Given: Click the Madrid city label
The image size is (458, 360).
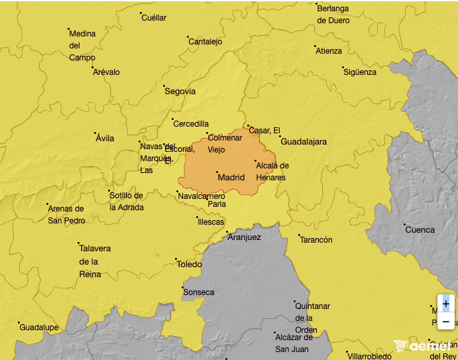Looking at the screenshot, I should pyautogui.click(x=231, y=178).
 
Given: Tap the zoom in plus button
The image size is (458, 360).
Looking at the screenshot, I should pyautogui.click(x=445, y=303).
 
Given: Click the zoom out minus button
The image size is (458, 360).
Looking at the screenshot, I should pyautogui.click(x=445, y=321).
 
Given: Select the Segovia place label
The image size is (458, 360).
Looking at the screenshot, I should pyautogui.click(x=180, y=91).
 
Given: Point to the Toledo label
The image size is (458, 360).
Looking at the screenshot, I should pyautogui.click(x=189, y=265).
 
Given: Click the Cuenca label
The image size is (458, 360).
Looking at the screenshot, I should pyautogui.click(x=420, y=230).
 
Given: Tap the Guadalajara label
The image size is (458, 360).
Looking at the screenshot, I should pyautogui.click(x=304, y=142).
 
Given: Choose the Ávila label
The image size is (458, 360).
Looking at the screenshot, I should pyautogui.click(x=105, y=139).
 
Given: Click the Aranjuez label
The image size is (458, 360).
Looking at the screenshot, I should pyautogui.click(x=245, y=237).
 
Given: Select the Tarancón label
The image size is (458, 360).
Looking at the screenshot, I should pyautogui.click(x=316, y=240).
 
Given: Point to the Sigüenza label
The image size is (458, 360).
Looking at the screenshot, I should pyautogui.click(x=360, y=72).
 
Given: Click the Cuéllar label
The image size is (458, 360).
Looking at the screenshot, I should pyautogui.click(x=154, y=18).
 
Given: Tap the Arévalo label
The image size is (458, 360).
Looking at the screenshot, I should pyautogui.click(x=107, y=72).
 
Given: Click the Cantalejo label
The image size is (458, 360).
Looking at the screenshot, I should pyautogui.click(x=205, y=42).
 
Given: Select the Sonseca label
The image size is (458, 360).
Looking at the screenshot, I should pyautogui.click(x=199, y=292).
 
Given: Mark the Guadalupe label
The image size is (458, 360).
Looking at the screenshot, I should pyautogui.click(x=39, y=328).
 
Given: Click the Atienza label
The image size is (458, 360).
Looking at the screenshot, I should pyautogui.click(x=329, y=51).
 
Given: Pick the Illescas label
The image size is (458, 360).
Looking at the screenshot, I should pyautogui.click(x=211, y=222).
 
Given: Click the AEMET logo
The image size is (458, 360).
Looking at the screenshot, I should pyautogui.click(x=422, y=346).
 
